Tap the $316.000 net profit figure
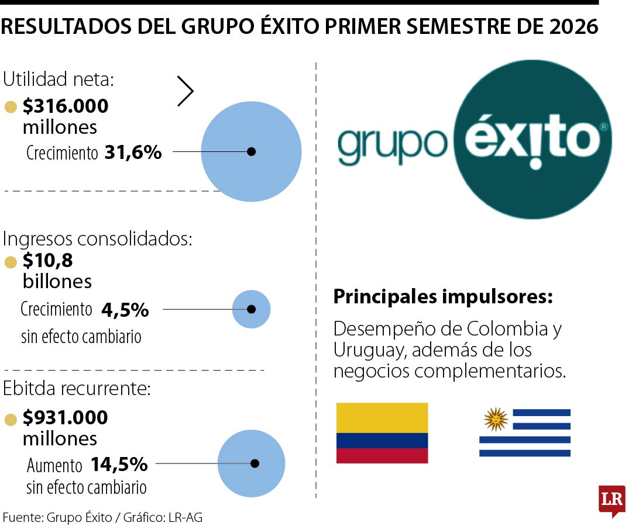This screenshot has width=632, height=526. coord(66,106)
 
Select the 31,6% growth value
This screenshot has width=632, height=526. coord(133,153)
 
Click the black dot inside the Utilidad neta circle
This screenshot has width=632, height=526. coord(251,152)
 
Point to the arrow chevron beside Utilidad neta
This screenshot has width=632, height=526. coord(186,91)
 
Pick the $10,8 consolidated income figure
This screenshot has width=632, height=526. coord(47,261)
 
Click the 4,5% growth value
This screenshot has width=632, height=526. coord(125,310)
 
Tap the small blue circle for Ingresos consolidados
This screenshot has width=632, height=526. coord(251,309)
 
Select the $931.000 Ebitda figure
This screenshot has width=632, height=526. coord(66,417)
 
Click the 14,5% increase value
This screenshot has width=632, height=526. coord(119,465)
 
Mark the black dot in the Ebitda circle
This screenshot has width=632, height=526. coord(255,463)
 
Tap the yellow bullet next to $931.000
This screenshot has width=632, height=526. coord(11,420)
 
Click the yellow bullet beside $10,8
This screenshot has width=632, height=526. coord(11,262)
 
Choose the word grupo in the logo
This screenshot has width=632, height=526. coord(392,145)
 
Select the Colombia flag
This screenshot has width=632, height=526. coord(382,433)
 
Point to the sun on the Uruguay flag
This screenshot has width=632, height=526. coord(496,420)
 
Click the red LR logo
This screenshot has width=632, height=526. coord(612,500)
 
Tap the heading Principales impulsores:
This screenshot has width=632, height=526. coord(443,297)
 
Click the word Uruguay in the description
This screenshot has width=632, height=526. coord(369,351)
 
